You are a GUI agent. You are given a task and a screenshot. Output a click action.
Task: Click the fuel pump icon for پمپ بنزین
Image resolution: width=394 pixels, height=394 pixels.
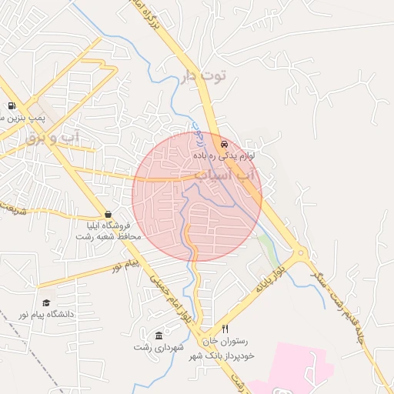[12, 105]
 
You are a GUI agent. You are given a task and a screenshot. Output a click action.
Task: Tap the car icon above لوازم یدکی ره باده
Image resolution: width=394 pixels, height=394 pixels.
[224, 144]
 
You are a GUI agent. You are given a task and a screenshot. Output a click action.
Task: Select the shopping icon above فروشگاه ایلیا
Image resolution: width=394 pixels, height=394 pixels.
[108, 215]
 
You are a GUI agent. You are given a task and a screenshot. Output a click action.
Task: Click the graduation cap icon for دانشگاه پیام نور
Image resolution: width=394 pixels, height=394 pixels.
[46, 303]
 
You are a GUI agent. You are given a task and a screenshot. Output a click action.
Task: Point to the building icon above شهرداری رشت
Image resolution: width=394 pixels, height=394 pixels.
[159, 336]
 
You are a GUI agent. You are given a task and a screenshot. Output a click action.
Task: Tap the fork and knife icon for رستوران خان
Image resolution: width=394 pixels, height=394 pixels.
[225, 328]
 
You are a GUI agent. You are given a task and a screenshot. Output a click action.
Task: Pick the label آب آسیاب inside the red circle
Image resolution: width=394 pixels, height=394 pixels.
[226, 175]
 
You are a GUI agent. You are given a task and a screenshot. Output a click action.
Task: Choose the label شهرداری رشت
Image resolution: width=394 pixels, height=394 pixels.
[159, 348]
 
